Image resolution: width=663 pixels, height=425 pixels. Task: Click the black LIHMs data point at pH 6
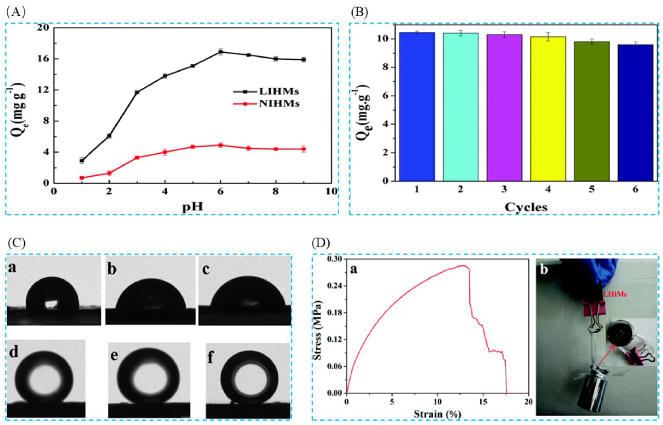pos(220,52)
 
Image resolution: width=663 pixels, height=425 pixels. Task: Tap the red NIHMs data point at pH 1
pos(82,178)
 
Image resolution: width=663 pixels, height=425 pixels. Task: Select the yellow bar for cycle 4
pos(548,109)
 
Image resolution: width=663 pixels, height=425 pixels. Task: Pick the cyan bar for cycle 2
pos(460,108)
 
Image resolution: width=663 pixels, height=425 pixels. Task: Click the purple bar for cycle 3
pos(504,108)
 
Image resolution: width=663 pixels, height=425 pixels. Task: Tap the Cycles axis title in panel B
pos(526,207)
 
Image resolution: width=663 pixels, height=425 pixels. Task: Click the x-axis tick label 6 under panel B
pos(635,190)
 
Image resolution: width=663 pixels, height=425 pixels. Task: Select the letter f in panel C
pos(210,357)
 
